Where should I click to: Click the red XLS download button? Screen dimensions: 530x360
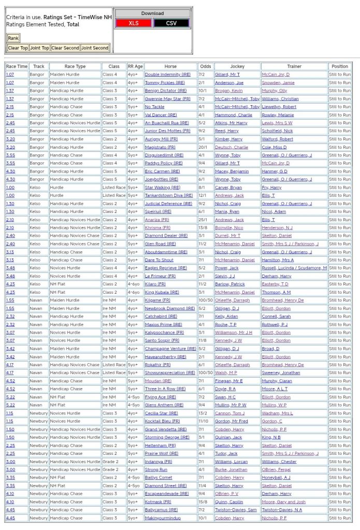134,23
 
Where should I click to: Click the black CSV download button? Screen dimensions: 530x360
171,23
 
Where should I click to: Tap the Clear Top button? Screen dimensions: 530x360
18,48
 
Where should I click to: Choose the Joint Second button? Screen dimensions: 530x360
95,48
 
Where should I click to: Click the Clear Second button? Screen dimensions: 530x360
65,48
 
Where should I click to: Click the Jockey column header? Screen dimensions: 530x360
237,66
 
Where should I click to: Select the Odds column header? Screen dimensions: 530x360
206,66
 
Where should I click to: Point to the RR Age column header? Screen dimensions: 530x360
135,66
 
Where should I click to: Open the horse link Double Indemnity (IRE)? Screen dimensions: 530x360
168,75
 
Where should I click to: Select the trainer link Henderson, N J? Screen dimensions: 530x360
277,227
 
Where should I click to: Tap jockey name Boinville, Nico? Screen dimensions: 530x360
229,227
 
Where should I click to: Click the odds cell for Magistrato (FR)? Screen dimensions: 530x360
205,147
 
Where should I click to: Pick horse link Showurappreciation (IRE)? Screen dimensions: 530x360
170,373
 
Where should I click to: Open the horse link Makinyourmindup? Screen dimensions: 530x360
163,518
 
